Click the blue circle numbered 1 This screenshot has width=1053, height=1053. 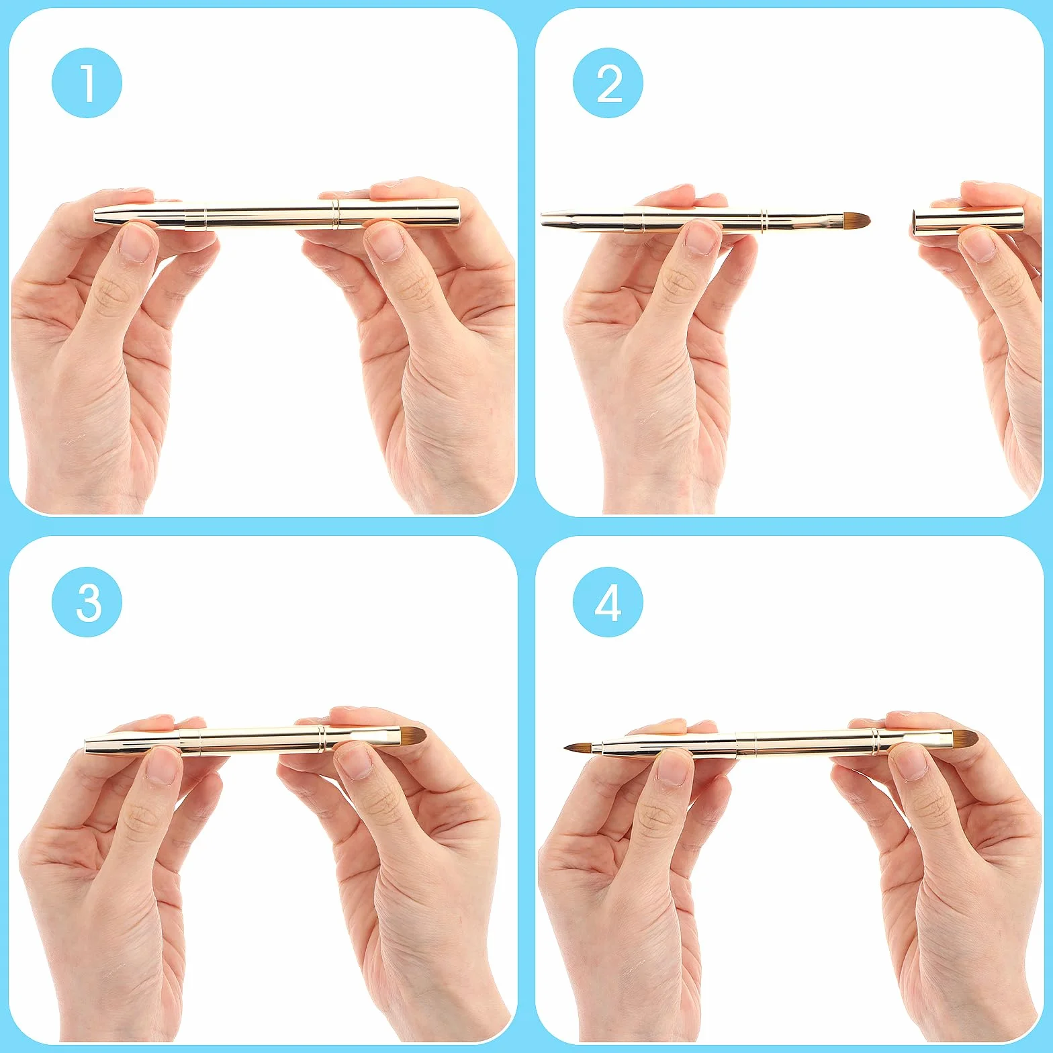click(87, 83)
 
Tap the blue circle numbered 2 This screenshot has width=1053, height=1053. click(608, 83)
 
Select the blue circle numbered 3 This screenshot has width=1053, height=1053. click(87, 602)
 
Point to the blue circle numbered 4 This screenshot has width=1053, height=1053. click(608, 602)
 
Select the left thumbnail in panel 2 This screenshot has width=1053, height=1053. click(702, 238)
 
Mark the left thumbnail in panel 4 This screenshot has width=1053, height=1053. click(674, 768)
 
